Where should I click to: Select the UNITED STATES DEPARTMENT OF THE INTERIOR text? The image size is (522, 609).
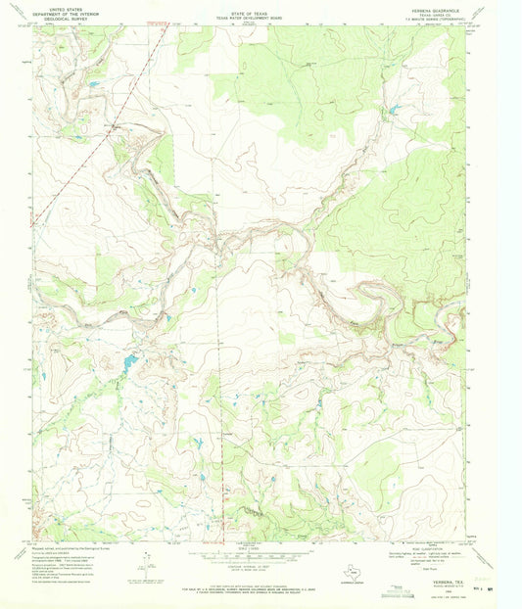(x=67, y=11)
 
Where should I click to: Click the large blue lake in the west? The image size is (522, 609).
(x=129, y=364)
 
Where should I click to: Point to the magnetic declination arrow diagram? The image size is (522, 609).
(x=147, y=566)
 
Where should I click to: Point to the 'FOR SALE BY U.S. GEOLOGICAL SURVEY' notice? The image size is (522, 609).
(x=260, y=586)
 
